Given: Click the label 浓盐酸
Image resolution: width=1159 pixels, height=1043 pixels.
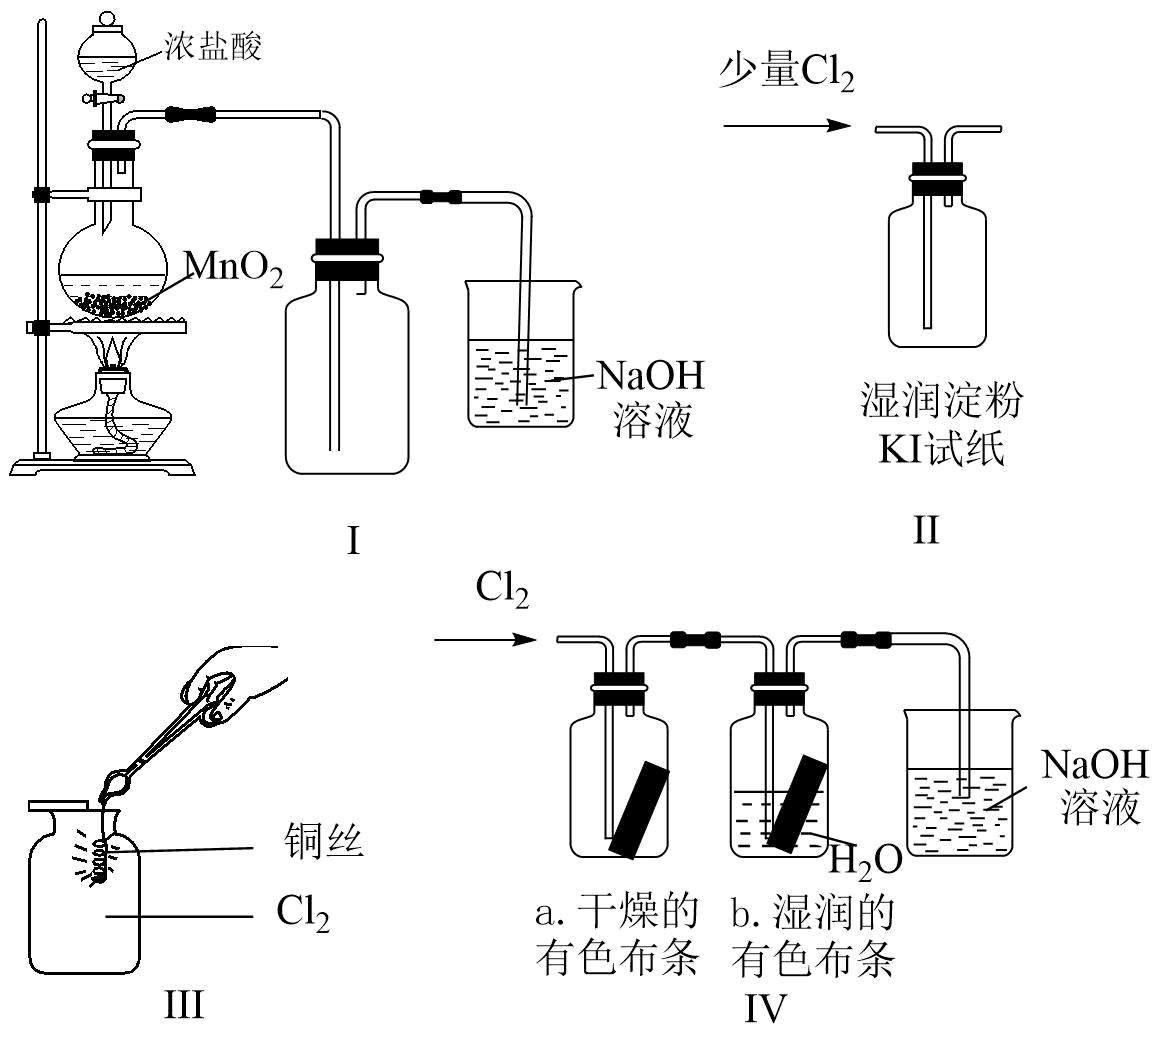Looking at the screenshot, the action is (x=213, y=47).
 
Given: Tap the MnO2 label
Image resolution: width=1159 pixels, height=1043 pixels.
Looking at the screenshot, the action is (x=234, y=268).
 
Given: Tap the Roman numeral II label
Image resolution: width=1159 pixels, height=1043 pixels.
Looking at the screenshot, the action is (x=925, y=530).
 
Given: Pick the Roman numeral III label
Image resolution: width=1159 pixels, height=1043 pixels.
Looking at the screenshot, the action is (x=183, y=1005).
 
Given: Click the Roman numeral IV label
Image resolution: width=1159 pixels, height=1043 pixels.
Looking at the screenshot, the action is (x=765, y=1009).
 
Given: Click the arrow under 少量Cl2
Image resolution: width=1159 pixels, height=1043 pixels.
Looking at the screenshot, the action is (x=787, y=126).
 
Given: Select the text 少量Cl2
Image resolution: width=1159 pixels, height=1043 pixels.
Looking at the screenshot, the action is (x=786, y=72).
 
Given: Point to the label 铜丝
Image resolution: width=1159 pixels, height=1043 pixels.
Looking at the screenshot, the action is (x=324, y=842).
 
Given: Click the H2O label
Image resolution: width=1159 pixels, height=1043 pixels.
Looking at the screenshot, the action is (x=866, y=861).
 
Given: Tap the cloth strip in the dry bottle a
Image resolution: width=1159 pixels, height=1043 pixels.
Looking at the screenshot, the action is (x=639, y=809).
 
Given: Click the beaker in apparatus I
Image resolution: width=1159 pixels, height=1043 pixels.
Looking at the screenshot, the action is (x=522, y=354).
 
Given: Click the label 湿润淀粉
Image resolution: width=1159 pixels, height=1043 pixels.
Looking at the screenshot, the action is (x=942, y=400).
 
